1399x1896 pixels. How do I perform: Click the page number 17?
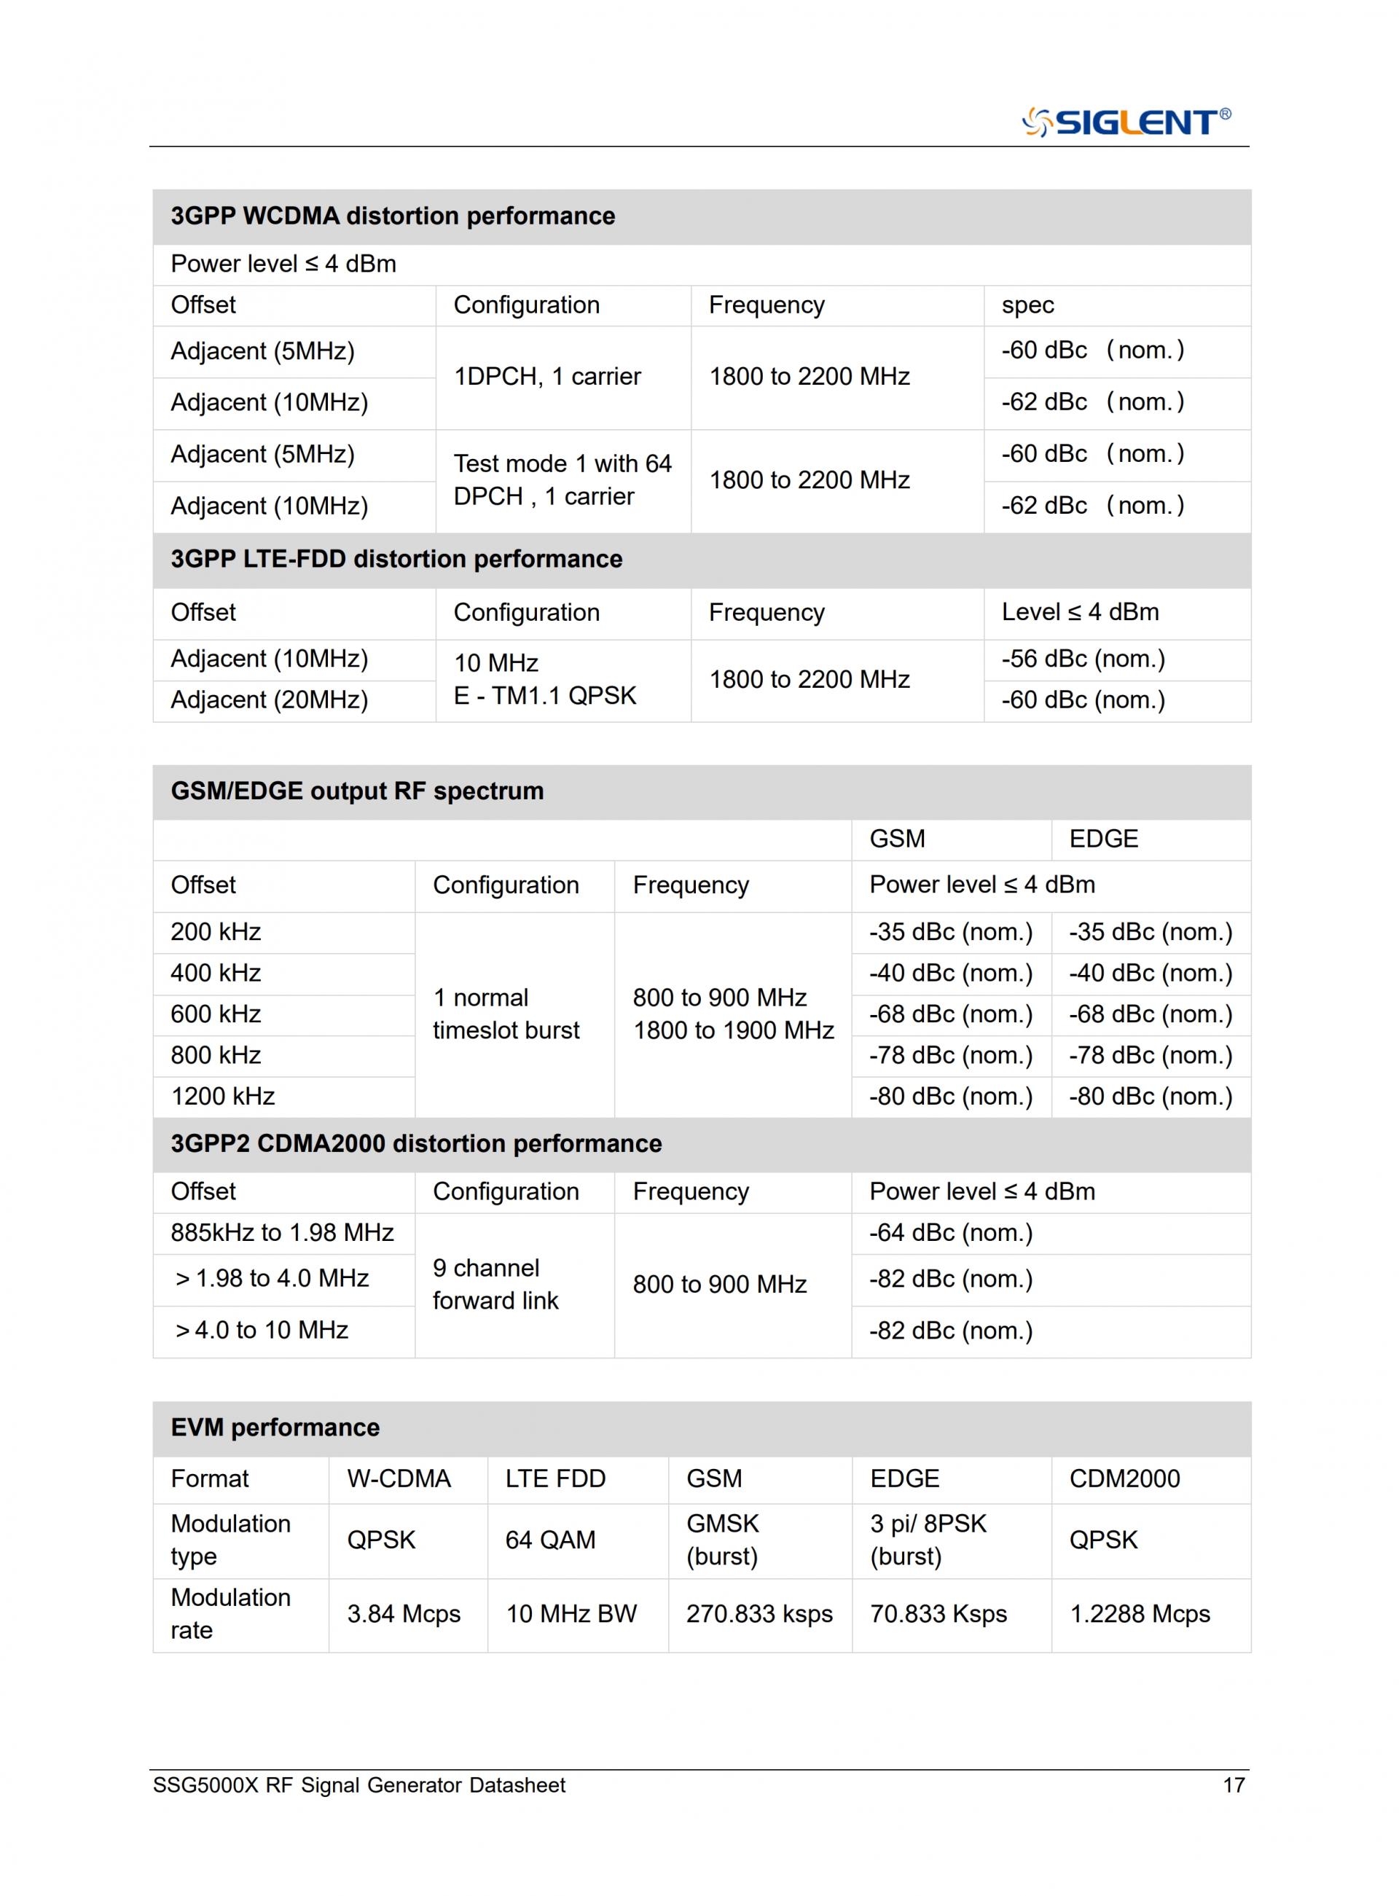1233,1785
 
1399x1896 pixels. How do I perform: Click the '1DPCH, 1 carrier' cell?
547,376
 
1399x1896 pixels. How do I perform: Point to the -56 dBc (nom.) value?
1082,659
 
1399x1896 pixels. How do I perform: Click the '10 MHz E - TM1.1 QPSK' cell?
544,679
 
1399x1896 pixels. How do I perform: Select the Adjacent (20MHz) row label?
270,700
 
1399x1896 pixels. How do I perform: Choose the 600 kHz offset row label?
216,1014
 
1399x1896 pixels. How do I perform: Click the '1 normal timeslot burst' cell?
506,1014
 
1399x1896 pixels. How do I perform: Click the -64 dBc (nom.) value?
950,1233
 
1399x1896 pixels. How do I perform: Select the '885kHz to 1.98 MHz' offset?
282,1233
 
